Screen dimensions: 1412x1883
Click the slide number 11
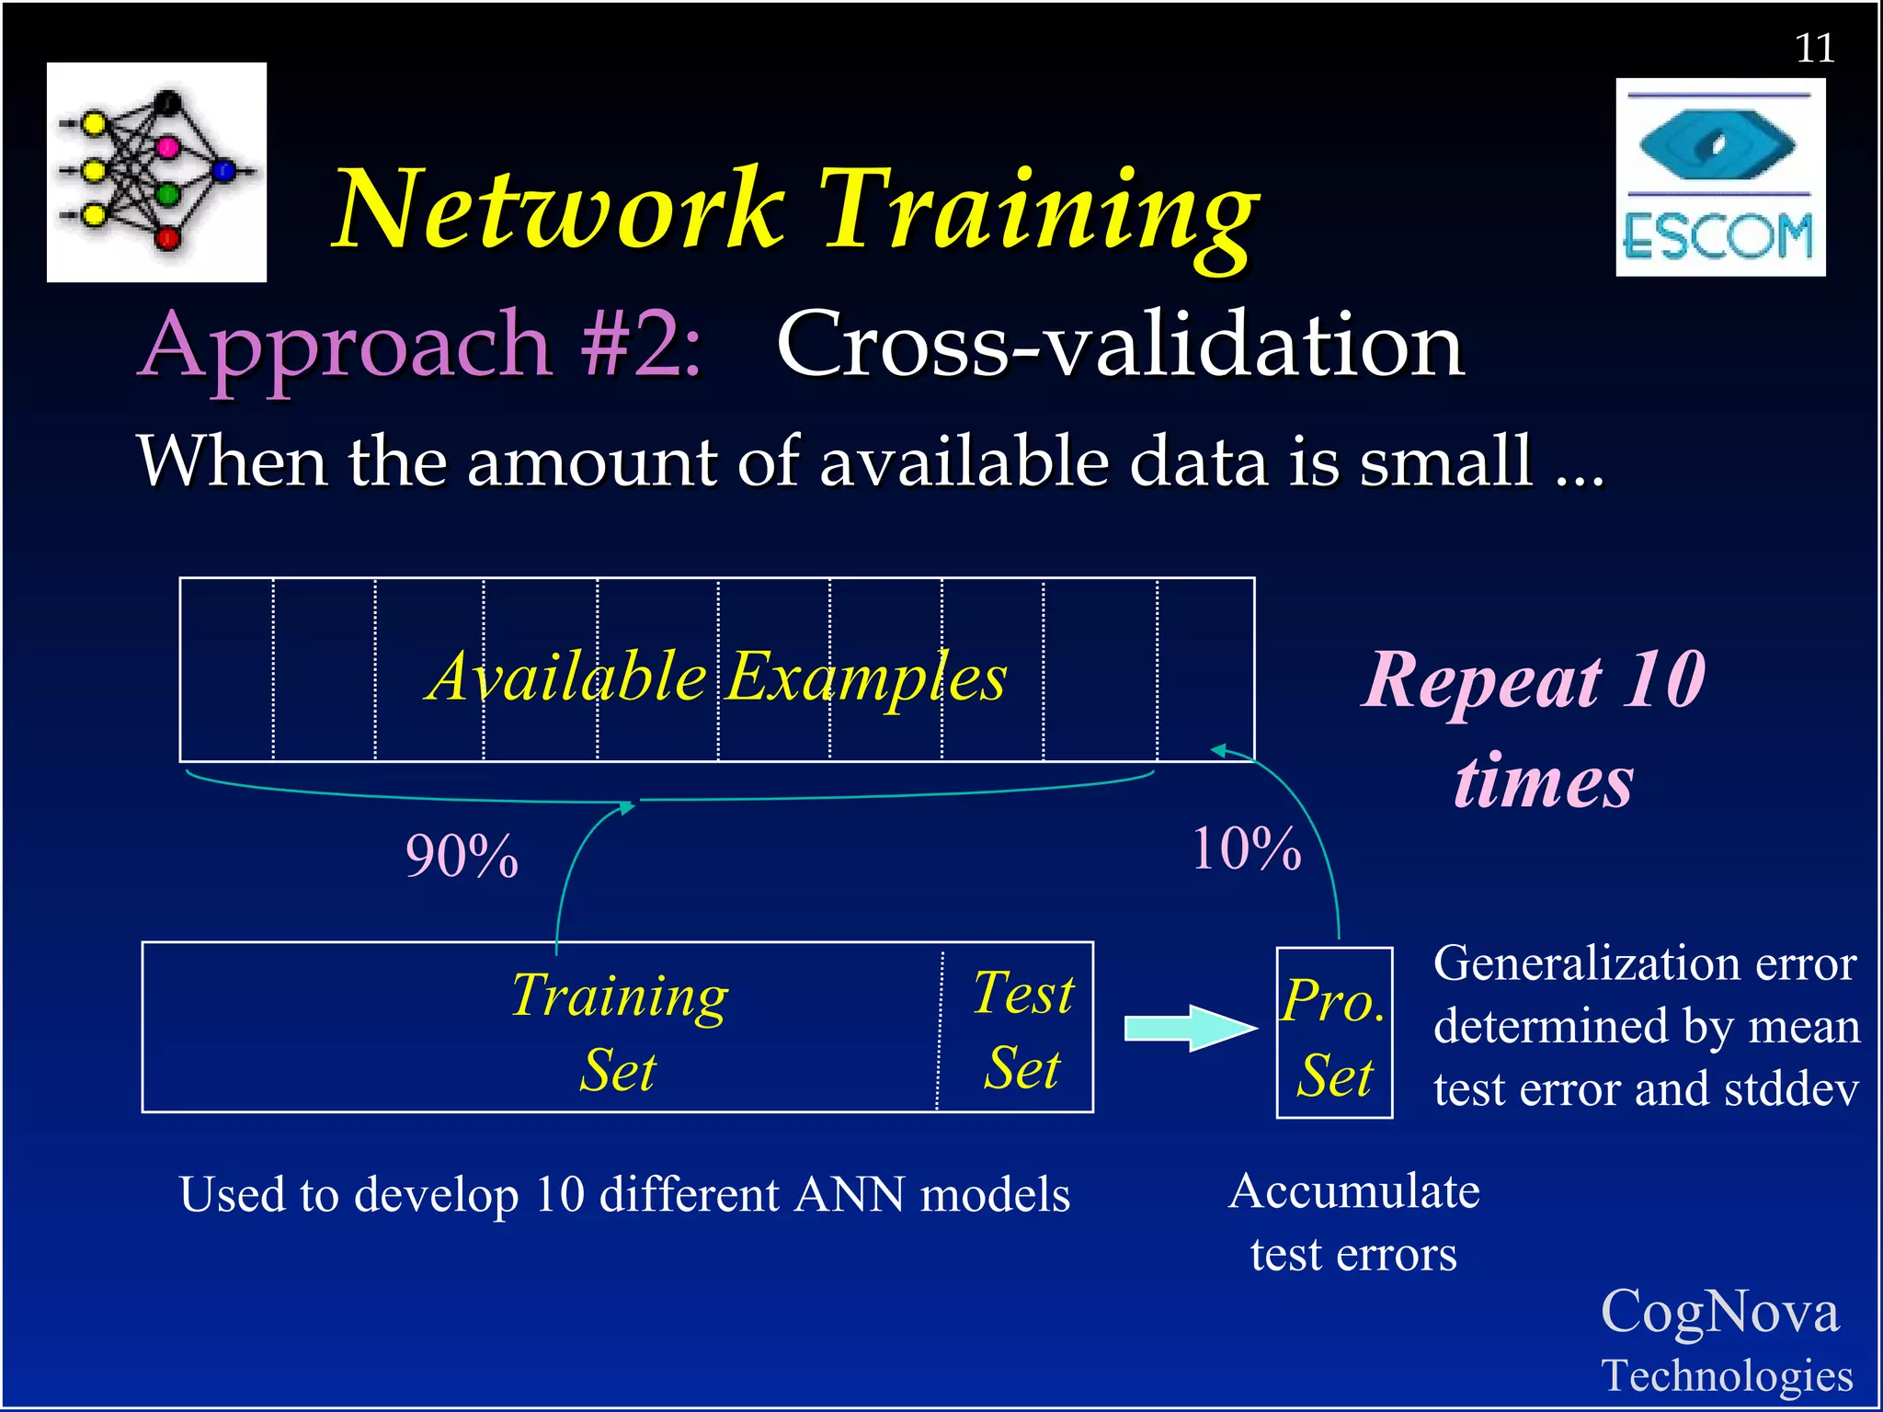[1814, 49]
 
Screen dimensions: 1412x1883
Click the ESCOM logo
[1719, 177]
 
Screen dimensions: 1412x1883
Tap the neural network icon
[156, 172]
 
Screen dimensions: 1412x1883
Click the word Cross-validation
[1120, 346]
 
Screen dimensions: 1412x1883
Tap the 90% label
[462, 857]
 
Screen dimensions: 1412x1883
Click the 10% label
[1246, 848]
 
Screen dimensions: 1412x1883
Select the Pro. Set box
[1334, 1032]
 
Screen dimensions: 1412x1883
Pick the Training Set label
[619, 1031]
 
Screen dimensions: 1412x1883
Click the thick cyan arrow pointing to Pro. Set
[1190, 1028]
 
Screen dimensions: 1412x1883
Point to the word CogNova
[1719, 1311]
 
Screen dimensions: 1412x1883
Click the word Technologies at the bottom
[1727, 1376]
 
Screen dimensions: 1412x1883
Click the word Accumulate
[1354, 1192]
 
